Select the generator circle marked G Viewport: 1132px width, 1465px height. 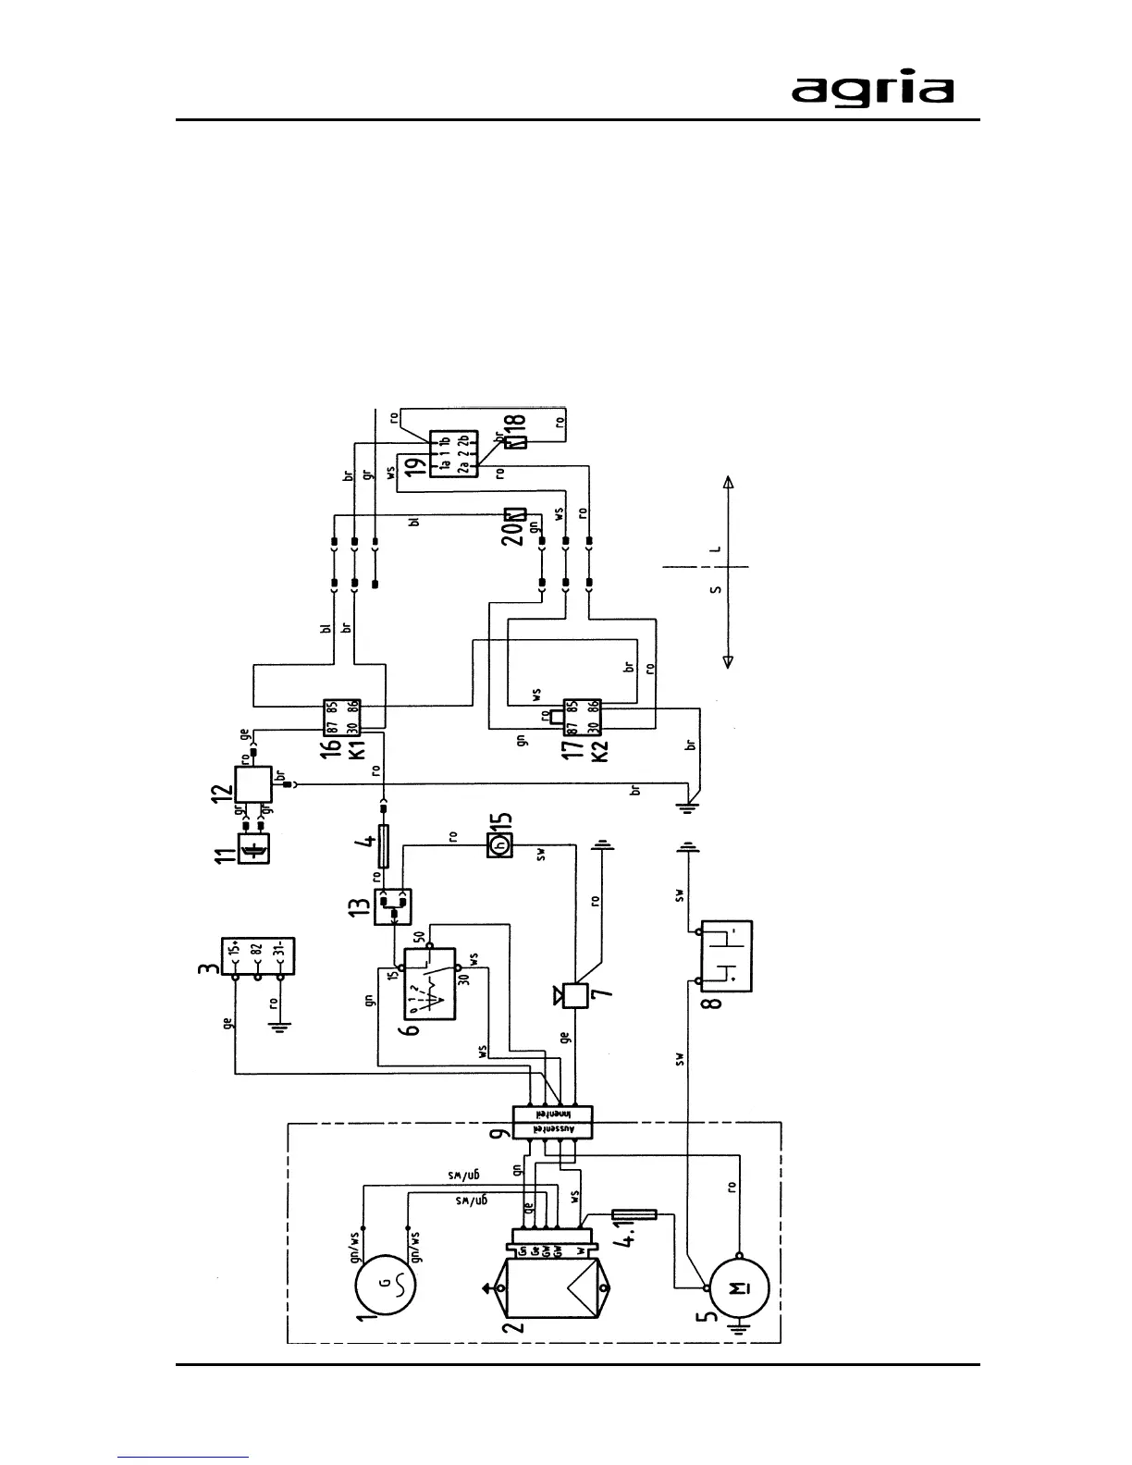tap(385, 1284)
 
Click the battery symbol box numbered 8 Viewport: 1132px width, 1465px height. tap(727, 955)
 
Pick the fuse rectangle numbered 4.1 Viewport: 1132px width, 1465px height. tap(635, 1214)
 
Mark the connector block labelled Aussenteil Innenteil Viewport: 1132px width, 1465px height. tap(553, 1122)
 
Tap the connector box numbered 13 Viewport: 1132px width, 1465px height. tap(392, 907)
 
